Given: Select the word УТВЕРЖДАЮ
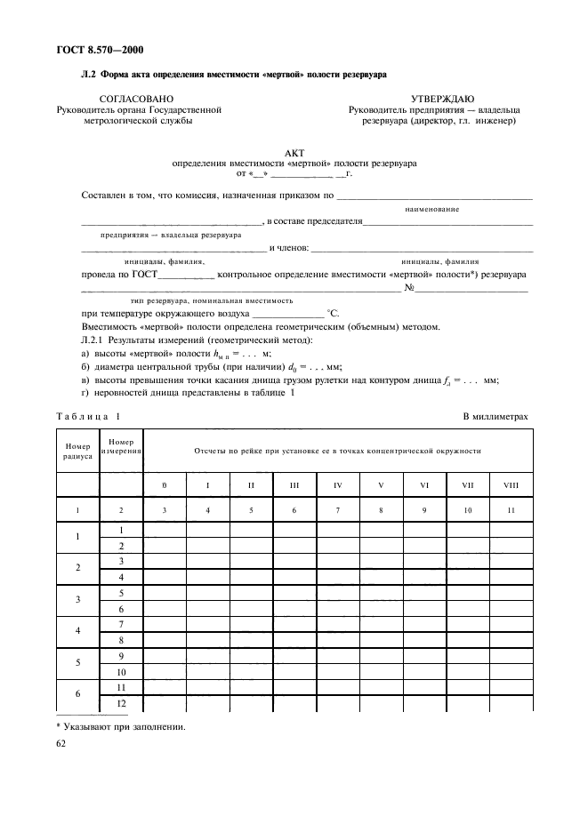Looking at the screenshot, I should point(442,98).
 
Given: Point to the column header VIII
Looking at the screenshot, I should point(510,484).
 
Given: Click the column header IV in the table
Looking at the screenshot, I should point(339,484).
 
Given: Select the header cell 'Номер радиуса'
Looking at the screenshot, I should point(77,450).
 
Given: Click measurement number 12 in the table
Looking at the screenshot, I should point(120,702).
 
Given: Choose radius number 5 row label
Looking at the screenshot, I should point(77,662).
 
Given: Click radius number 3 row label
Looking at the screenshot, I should point(77,599).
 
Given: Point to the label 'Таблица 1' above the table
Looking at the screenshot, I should point(88,416).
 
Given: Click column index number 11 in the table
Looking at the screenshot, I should point(510,510).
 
